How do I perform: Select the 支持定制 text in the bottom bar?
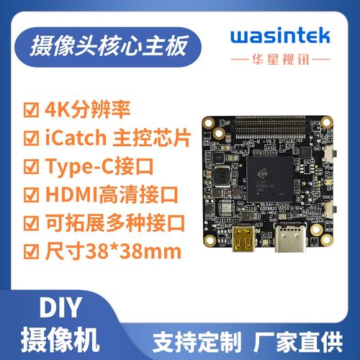point(193,338)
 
